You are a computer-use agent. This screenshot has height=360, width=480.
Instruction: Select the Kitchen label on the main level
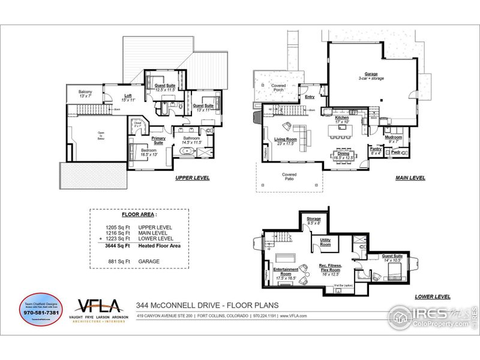point(342,118)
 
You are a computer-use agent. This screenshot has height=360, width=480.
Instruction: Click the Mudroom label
point(393,137)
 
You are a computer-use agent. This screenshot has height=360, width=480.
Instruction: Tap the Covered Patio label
point(290,178)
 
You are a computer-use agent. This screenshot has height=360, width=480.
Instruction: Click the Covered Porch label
point(278,88)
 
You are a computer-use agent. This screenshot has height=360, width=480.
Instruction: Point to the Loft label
point(128,96)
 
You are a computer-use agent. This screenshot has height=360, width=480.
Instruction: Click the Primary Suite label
point(158,140)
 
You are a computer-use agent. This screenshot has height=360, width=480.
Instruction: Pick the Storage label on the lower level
point(314,219)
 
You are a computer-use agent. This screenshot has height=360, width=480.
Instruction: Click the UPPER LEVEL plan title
point(192,178)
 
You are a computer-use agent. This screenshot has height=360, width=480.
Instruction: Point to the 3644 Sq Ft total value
point(117,246)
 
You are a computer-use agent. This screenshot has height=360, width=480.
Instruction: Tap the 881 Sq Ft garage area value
point(117,261)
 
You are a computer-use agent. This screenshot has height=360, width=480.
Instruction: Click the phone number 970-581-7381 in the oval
point(41,313)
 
